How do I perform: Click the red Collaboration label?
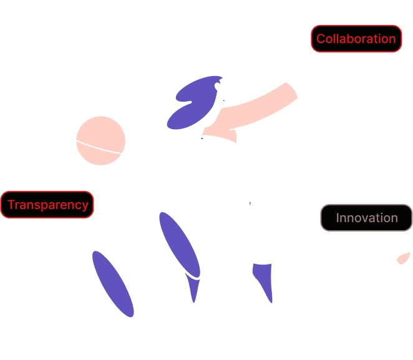tap(356, 39)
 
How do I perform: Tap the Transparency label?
tap(47, 205)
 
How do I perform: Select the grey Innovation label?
tap(366, 218)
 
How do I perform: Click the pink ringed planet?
tap(100, 141)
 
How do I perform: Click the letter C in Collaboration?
tap(321, 39)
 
